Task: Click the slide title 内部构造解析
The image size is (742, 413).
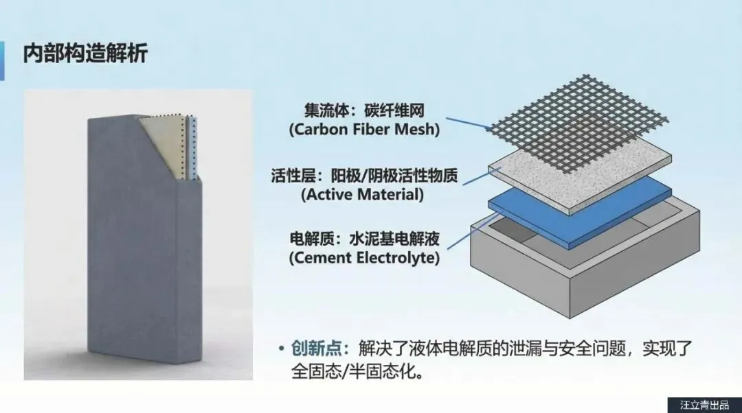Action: tap(85, 54)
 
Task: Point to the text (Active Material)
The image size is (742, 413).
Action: tap(363, 194)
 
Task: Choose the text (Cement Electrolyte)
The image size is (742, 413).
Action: tap(364, 259)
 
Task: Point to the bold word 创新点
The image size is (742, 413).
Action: tap(315, 349)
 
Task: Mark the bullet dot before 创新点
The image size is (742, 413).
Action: tap(281, 349)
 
